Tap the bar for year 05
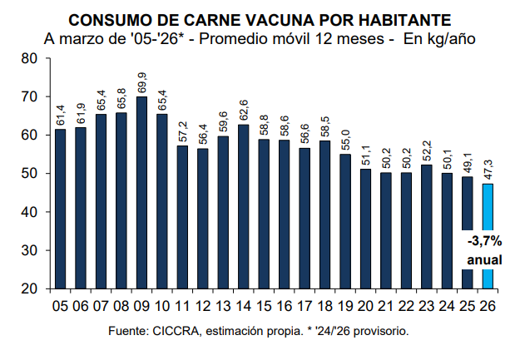coord(60,209)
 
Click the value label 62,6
coord(245,110)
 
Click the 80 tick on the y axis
coord(31,58)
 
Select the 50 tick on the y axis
coord(31,174)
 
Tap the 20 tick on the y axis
coord(31,288)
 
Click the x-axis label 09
coord(141,305)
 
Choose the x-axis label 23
coord(428,305)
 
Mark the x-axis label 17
coord(305,305)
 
